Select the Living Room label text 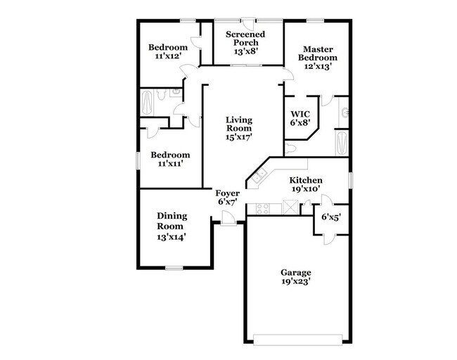coord(239,124)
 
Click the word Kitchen coord(305,180)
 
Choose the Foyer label coord(228,193)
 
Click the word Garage coord(295,272)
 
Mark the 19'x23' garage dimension coord(295,282)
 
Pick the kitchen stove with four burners coord(262,208)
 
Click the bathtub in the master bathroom coord(341,144)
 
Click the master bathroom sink coord(343,110)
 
